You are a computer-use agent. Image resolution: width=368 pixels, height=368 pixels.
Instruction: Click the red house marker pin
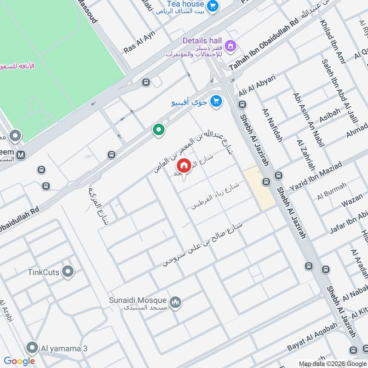[184, 166]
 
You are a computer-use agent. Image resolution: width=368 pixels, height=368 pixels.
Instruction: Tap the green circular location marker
[159, 130]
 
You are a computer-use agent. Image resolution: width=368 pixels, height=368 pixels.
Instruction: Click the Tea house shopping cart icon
[212, 6]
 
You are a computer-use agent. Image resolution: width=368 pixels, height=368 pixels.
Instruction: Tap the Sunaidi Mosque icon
[175, 302]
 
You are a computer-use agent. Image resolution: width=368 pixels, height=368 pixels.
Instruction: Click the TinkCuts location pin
[68, 271]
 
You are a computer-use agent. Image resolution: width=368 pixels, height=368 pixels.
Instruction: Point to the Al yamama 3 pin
[32, 347]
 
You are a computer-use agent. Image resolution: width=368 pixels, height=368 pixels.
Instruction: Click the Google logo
[19, 361]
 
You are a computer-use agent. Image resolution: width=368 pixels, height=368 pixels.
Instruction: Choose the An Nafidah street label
[272, 125]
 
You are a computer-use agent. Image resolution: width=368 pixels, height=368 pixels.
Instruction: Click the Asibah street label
[329, 117]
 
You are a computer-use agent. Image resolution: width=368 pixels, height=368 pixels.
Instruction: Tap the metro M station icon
[20, 155]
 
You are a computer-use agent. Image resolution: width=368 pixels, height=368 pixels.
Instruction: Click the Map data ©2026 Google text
[332, 363]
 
